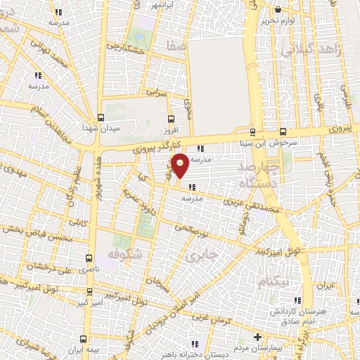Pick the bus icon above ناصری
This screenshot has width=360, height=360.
point(89,257)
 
